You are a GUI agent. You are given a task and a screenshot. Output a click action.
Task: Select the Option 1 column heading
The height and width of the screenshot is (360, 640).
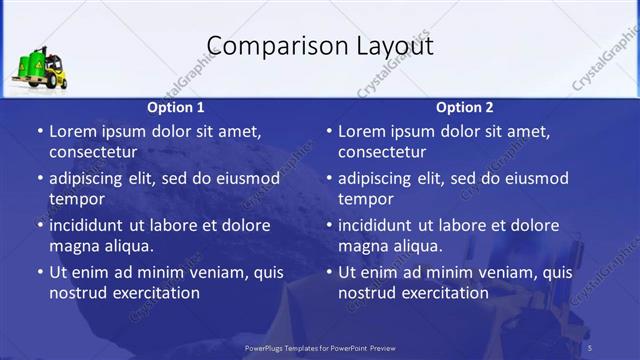(176, 107)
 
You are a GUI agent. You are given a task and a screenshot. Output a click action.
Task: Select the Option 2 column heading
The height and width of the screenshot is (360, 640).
(465, 107)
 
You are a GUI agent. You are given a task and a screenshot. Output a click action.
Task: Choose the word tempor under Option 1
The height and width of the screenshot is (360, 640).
(76, 199)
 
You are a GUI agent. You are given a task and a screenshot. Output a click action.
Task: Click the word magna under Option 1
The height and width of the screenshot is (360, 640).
(73, 246)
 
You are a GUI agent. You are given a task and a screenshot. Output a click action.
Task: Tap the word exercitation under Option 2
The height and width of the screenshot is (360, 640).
(441, 293)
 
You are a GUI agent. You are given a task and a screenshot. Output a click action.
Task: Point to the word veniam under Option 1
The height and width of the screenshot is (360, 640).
(207, 272)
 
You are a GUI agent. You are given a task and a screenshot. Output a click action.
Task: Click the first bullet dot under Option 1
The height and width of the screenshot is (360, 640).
(39, 131)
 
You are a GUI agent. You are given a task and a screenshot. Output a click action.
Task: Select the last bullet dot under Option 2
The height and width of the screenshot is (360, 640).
(328, 272)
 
